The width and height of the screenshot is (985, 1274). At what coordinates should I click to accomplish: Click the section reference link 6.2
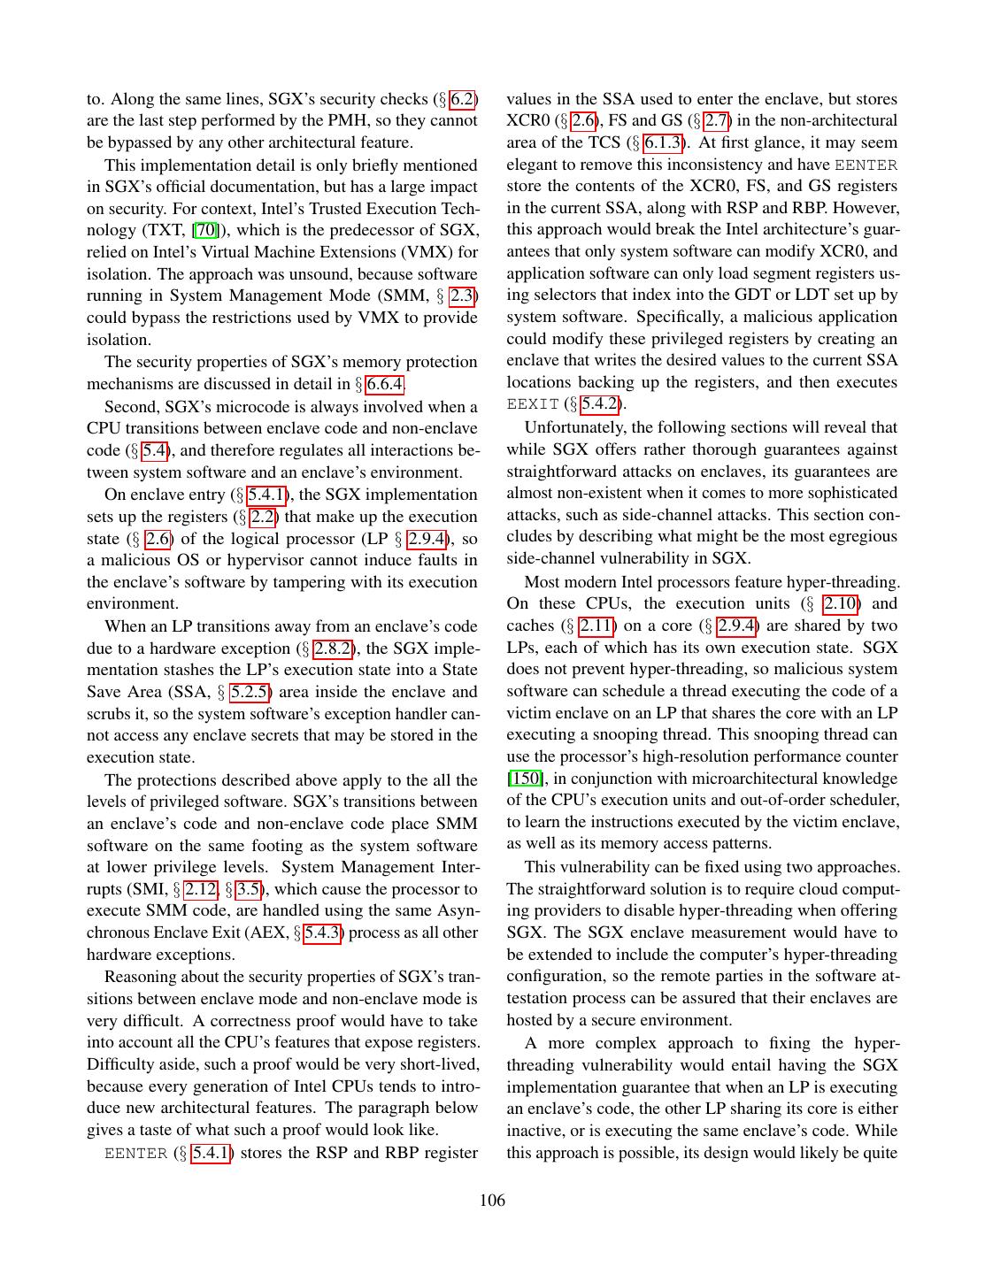463,99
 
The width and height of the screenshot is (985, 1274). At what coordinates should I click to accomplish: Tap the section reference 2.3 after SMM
463,295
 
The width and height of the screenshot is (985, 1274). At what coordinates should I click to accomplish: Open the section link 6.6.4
385,384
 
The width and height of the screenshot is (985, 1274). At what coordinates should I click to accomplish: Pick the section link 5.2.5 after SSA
250,692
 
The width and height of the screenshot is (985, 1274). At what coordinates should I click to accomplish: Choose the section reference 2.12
200,889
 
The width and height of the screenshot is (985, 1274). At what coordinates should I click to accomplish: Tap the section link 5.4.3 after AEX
322,932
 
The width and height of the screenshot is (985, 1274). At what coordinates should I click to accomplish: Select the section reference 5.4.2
600,404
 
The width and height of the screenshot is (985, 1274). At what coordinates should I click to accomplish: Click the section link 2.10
841,603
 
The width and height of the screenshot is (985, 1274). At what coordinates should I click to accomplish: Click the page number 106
492,1201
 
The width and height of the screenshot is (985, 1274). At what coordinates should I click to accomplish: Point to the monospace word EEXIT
533,404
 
